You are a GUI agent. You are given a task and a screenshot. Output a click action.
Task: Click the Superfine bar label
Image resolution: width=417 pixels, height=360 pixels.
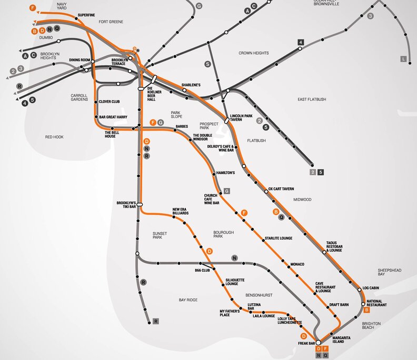(x=86, y=15)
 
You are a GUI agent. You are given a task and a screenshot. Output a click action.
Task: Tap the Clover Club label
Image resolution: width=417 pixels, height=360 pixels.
(x=109, y=101)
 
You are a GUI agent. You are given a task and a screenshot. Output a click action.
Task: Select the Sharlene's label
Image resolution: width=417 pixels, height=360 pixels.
(x=191, y=85)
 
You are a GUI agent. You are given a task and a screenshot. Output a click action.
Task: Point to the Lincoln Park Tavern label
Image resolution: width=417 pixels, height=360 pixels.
(x=243, y=117)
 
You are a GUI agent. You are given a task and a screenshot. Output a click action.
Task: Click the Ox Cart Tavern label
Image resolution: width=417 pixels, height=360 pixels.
(x=281, y=188)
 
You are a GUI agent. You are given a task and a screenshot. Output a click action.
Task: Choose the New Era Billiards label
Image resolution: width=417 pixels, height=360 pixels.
(x=181, y=212)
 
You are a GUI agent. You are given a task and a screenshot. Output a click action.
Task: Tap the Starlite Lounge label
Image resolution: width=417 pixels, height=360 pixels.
(x=278, y=238)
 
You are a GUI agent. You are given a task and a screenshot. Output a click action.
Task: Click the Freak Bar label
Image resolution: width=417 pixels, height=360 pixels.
(x=306, y=343)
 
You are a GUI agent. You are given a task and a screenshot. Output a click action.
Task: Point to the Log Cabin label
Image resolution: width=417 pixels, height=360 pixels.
(x=372, y=288)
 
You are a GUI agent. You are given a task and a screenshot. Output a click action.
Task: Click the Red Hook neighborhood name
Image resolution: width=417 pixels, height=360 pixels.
(x=54, y=137)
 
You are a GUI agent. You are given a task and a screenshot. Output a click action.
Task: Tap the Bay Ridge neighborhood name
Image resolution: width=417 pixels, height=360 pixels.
(x=187, y=300)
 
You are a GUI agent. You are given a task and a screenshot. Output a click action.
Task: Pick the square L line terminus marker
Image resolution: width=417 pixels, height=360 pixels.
(x=404, y=59)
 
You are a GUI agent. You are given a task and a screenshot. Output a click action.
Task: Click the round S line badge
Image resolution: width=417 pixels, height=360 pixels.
(x=207, y=64)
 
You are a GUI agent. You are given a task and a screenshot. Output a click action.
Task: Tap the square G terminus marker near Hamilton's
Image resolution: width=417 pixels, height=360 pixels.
(x=227, y=191)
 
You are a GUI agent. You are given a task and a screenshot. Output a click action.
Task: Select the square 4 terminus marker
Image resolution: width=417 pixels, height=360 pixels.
(x=301, y=42)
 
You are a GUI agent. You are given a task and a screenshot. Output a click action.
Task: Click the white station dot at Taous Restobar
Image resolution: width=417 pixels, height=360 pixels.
(x=324, y=252)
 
